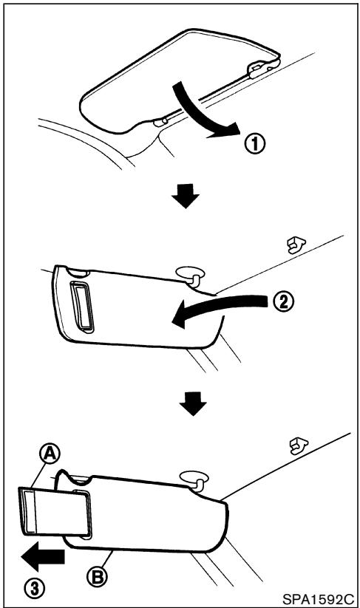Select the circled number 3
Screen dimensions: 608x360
pyautogui.click(x=33, y=588)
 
